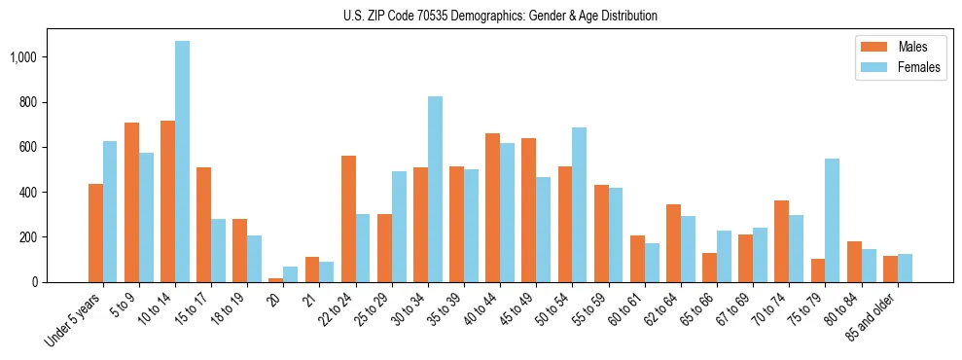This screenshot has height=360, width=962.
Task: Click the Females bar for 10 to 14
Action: tap(182, 162)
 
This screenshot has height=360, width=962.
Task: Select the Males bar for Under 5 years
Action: tap(95, 233)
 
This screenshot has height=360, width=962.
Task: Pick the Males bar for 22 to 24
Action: tap(348, 219)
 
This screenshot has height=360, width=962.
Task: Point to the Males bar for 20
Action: tap(276, 279)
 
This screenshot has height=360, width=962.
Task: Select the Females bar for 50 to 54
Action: tap(579, 204)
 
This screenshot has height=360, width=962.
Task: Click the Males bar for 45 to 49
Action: tap(528, 210)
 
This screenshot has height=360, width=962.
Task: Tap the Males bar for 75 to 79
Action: tap(817, 270)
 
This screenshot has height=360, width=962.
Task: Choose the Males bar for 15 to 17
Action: tap(203, 225)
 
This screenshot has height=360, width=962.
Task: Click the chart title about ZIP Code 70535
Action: tap(500, 16)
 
